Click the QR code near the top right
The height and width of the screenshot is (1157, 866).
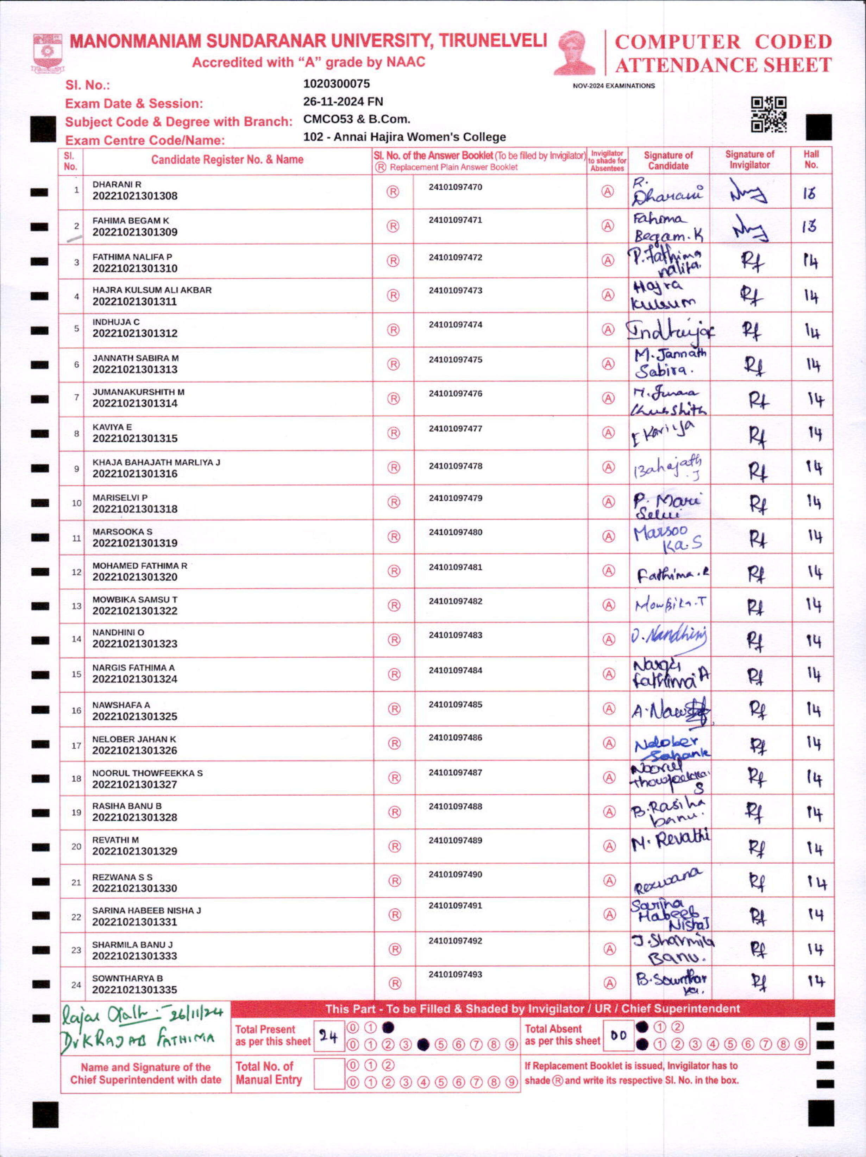pos(768,114)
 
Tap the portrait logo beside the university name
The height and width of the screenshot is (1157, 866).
pos(574,53)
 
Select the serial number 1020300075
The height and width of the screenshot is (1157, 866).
pos(337,84)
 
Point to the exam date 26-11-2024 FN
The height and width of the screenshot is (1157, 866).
pos(343,101)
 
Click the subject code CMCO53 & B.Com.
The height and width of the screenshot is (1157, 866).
pos(356,119)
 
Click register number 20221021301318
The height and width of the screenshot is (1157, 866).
pos(135,509)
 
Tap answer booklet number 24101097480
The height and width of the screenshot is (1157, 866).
pos(455,532)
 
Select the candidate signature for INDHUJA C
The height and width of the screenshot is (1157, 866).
pos(670,330)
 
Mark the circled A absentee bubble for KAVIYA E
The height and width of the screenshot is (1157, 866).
pos(608,432)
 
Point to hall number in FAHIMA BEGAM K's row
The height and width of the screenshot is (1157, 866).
pos(809,227)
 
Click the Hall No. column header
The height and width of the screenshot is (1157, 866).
pos(811,159)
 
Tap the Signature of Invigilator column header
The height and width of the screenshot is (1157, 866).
pos(749,159)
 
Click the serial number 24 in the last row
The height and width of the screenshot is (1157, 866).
pos(76,985)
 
